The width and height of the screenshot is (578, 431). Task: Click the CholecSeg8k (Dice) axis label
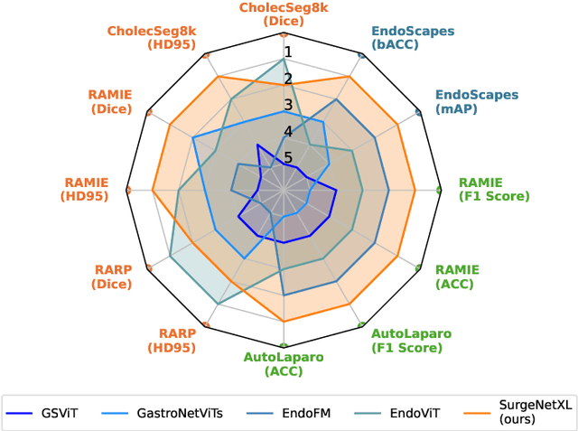coord(284,14)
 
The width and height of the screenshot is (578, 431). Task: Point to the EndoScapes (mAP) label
coord(477,101)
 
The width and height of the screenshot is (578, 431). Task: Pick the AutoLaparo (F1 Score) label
coord(411,341)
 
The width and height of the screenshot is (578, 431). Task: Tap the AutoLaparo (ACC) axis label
coord(284,364)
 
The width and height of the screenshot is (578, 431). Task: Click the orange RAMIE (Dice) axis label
coord(111,101)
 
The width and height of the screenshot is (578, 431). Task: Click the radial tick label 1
coord(288,52)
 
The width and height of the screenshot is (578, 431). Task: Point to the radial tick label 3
coord(288,105)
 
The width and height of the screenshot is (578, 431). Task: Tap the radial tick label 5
coord(288,158)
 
